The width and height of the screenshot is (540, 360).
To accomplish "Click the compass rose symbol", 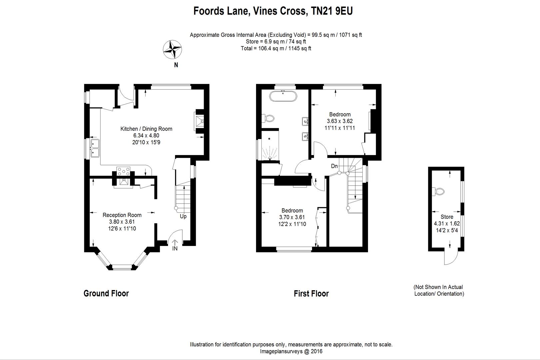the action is point(172,49).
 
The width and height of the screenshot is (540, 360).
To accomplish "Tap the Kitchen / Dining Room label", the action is point(146,129).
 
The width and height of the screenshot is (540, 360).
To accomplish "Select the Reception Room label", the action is point(122,215).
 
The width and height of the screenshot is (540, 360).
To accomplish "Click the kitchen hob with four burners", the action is point(123,171).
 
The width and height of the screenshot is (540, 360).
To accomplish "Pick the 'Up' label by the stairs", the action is point(183,216).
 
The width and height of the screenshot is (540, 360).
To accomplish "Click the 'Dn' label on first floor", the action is point(334,166).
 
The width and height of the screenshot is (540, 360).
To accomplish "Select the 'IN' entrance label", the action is point(175,249).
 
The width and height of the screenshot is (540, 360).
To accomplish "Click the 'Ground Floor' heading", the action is point(106,293).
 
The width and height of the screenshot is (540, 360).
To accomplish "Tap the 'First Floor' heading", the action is point(311,294).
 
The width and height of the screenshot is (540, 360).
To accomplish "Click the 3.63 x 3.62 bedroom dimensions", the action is point(340,121).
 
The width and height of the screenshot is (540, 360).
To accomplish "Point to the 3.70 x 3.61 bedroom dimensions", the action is point(292,217).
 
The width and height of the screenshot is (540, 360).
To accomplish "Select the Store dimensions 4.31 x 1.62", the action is point(447,224).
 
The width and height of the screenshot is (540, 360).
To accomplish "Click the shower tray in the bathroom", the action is point(270,152).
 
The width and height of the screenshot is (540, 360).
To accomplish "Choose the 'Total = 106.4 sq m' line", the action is point(276,48).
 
